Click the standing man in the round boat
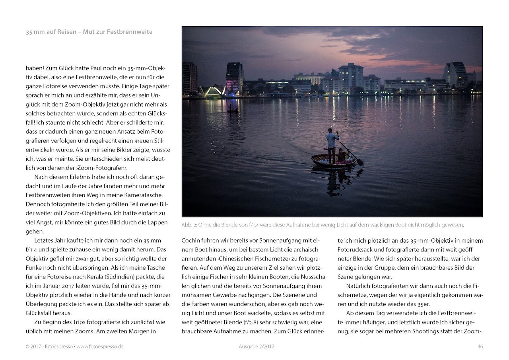tap(332, 146)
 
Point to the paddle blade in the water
tap(359, 162)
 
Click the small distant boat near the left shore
tap(232, 111)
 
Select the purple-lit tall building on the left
tap(234, 78)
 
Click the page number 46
tap(480, 346)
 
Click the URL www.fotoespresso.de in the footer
tap(100, 346)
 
